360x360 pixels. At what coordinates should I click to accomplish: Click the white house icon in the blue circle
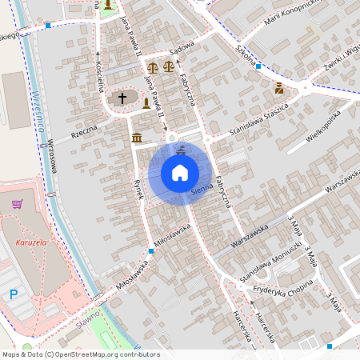[180, 172]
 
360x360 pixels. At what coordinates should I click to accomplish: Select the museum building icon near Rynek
[137, 138]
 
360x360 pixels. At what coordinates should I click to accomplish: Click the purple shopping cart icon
[17, 205]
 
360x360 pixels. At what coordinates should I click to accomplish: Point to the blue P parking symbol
[14, 294]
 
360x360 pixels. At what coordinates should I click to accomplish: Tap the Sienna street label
[203, 189]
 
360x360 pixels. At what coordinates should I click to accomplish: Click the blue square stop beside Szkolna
[258, 66]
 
